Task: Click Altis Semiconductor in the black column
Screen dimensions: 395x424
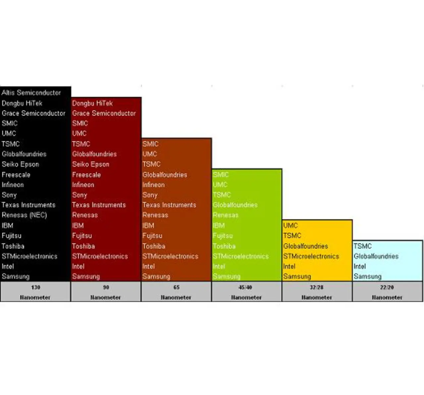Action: coord(31,93)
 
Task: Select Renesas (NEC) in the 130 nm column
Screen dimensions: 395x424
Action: coord(24,215)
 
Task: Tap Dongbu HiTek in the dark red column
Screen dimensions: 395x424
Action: coord(92,103)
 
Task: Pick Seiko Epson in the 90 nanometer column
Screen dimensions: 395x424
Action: coord(90,164)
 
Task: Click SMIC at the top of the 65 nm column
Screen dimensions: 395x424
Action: coord(150,144)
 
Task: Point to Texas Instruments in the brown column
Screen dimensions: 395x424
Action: coord(169,205)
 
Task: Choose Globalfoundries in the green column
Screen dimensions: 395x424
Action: coord(235,205)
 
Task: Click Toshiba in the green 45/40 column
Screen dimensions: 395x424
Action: coord(224,246)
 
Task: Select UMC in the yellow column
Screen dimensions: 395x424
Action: coord(291,226)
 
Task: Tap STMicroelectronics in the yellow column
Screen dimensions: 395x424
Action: coord(311,256)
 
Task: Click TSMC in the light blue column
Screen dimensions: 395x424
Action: coord(362,246)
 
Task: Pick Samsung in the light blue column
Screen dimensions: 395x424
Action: coord(367,276)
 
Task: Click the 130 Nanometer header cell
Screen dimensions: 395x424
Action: coord(35,292)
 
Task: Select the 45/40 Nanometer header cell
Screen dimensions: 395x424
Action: coord(246,292)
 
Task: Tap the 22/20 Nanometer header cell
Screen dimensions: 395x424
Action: coord(387,292)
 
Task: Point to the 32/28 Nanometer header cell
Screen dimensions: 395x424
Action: coord(317,292)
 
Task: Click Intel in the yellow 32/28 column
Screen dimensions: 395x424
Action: coord(289,266)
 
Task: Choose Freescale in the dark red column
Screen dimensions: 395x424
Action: coord(86,175)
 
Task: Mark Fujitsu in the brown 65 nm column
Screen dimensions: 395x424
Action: coord(152,236)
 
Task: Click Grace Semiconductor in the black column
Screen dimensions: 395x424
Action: coord(33,113)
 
